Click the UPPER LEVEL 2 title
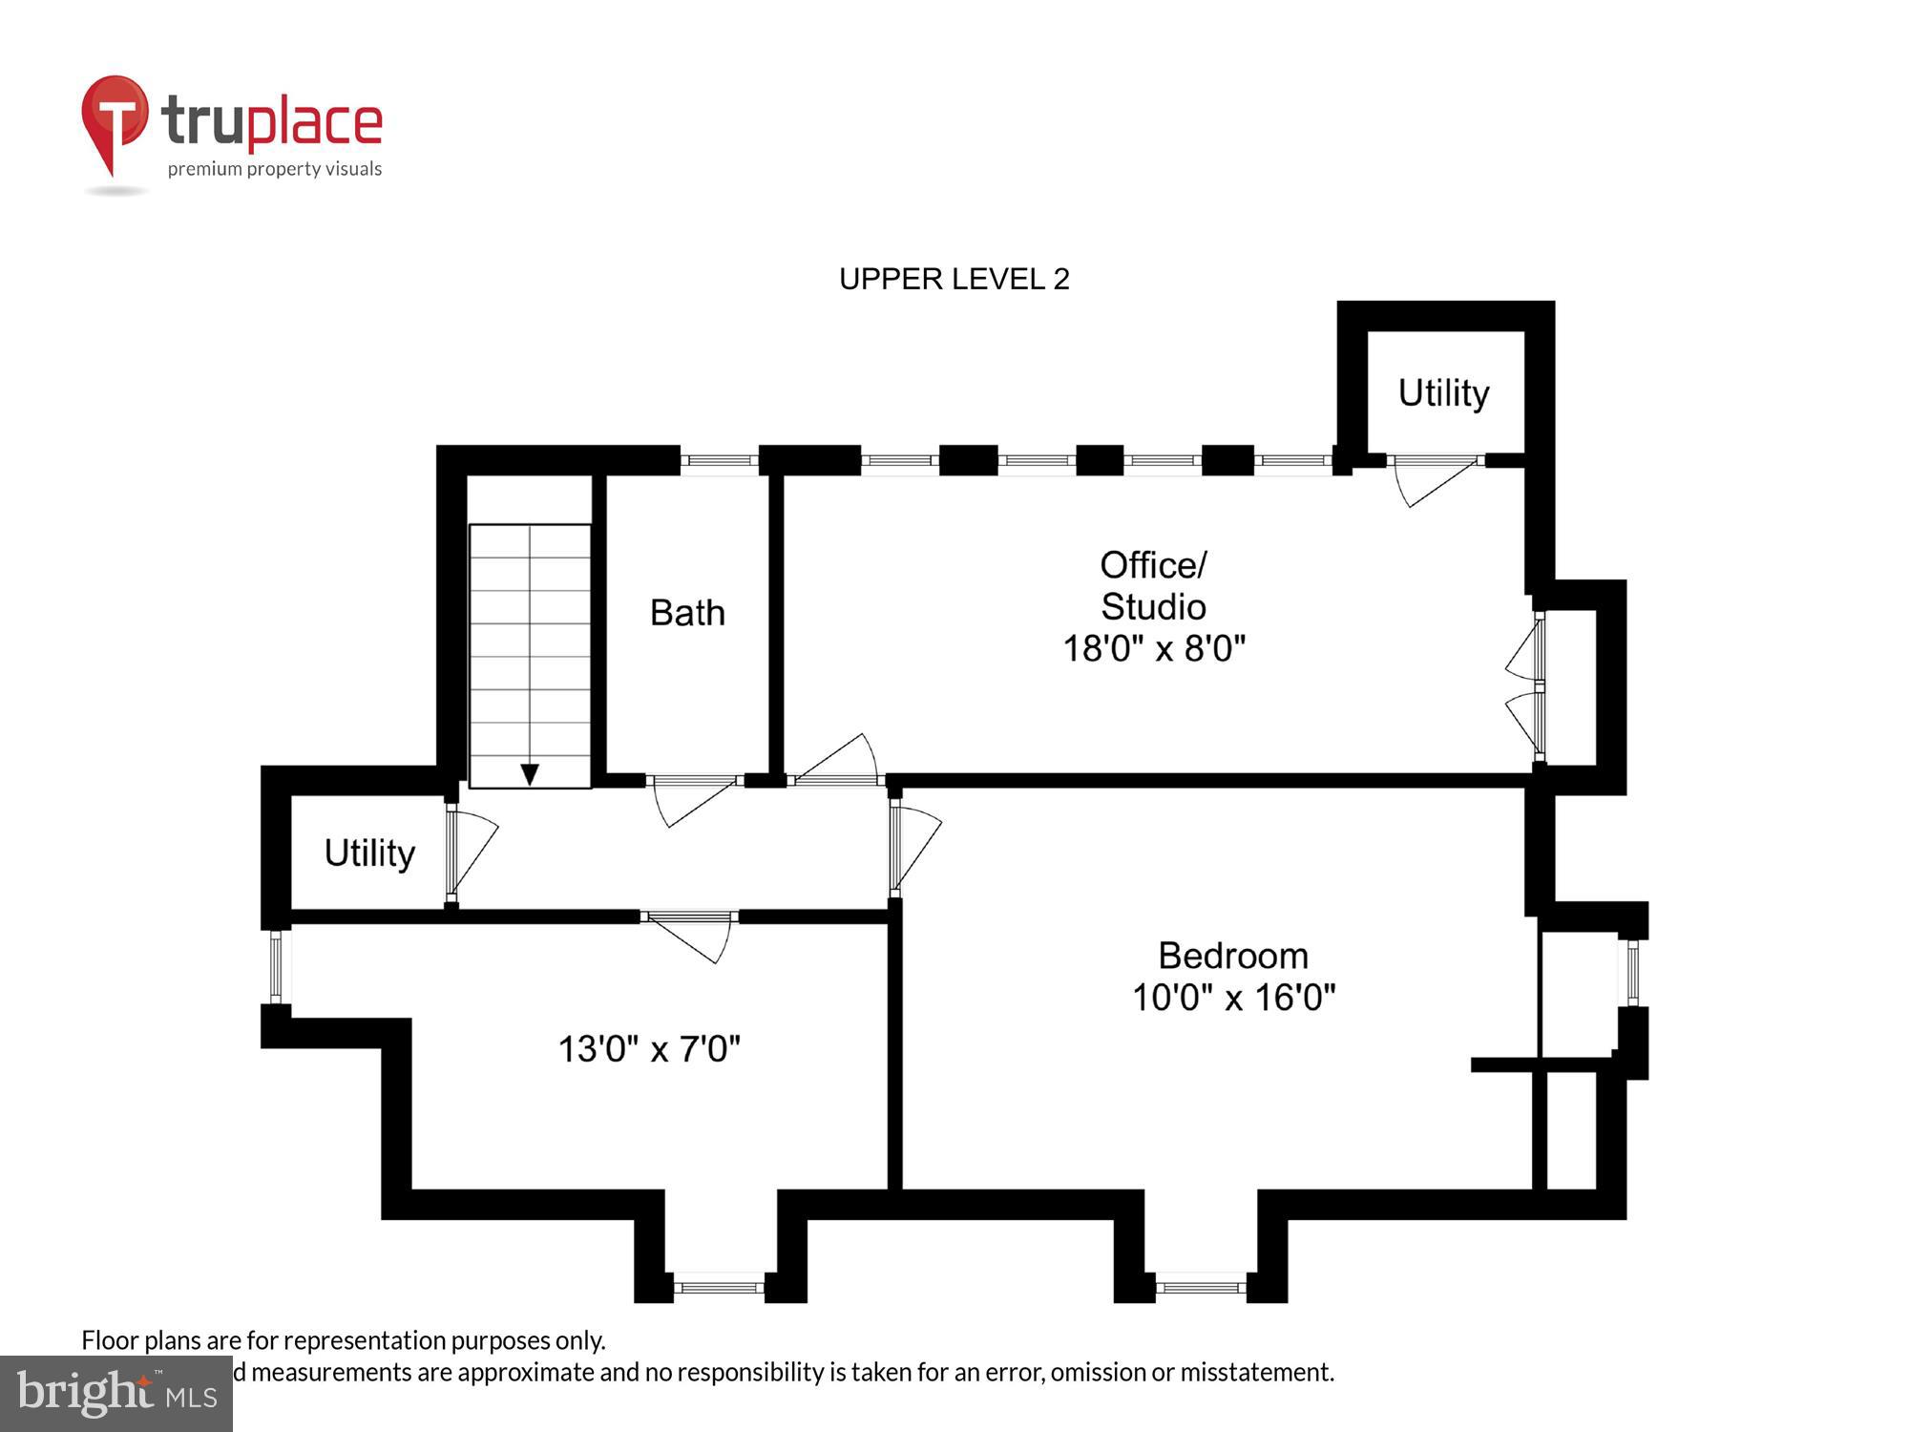(954, 279)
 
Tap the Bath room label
(687, 613)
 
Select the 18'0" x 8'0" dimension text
(1154, 649)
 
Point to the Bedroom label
(1232, 956)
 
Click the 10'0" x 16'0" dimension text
(1232, 998)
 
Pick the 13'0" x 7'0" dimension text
(649, 1049)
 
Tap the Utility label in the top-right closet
(1443, 393)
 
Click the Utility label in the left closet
(369, 853)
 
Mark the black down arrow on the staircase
(530, 773)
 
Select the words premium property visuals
(275, 169)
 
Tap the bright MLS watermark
(116, 1394)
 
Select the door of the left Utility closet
(471, 853)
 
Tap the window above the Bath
(719, 460)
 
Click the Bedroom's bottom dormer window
(1200, 1287)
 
